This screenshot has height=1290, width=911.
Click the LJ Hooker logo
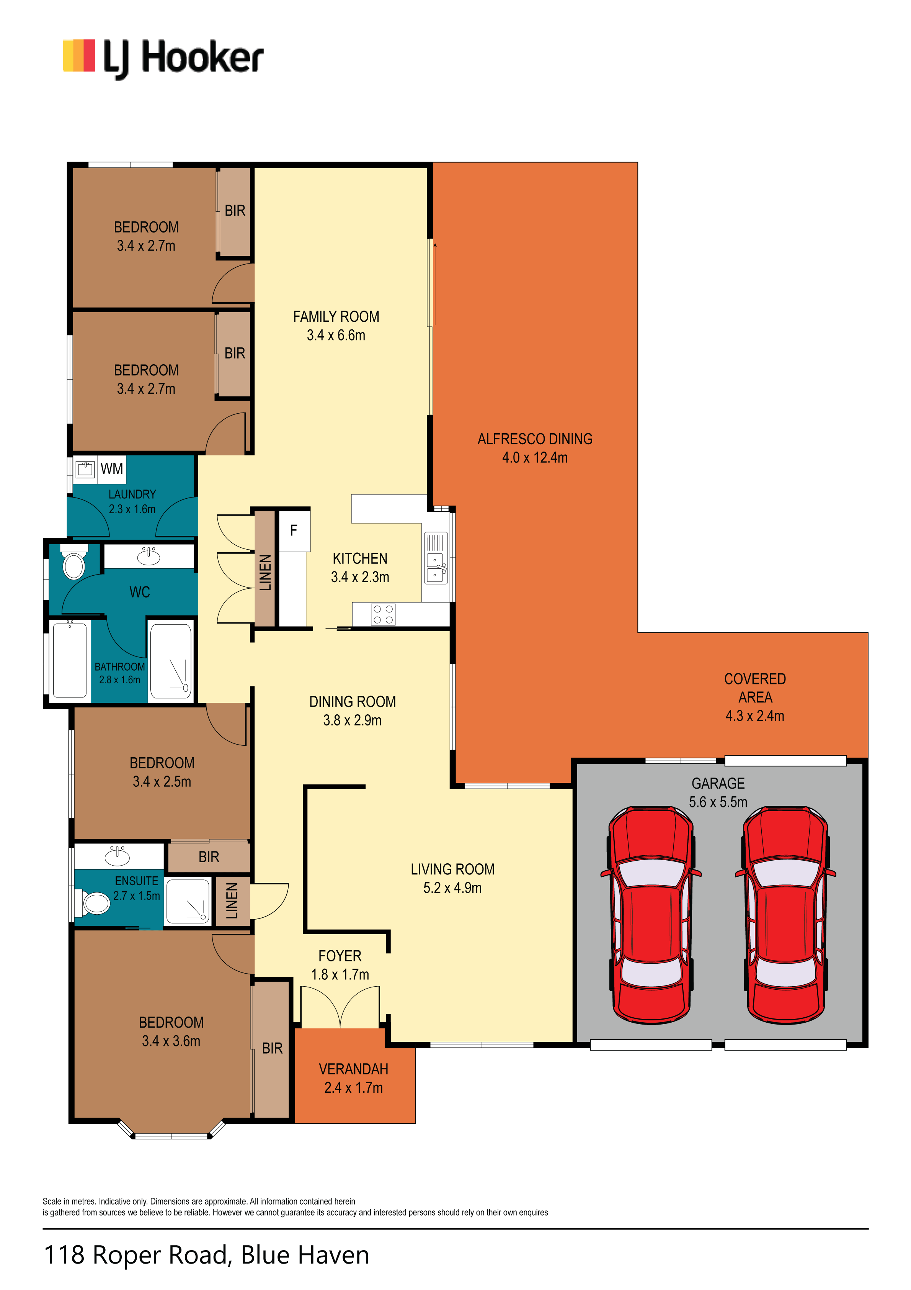pyautogui.click(x=163, y=59)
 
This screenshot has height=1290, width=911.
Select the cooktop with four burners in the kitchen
pyautogui.click(x=383, y=614)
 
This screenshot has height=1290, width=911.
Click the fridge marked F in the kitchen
pyautogui.click(x=294, y=530)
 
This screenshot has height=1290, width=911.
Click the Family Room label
pyautogui.click(x=336, y=317)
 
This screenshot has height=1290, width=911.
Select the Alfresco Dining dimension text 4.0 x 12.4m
pyautogui.click(x=535, y=458)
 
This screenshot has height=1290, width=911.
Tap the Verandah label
pyautogui.click(x=353, y=1069)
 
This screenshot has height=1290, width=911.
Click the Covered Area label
pyautogui.click(x=755, y=688)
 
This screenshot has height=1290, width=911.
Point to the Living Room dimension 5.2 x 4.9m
pyautogui.click(x=452, y=888)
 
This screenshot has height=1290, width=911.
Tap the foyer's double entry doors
pyautogui.click(x=340, y=1007)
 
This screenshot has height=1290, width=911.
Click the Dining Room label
pyautogui.click(x=352, y=702)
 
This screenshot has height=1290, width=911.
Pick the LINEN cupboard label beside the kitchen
pyautogui.click(x=265, y=573)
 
